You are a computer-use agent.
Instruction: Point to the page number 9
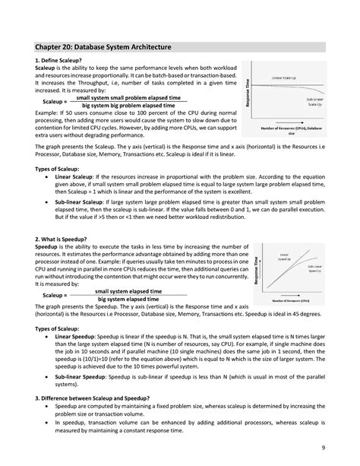pyautogui.click(x=323, y=448)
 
